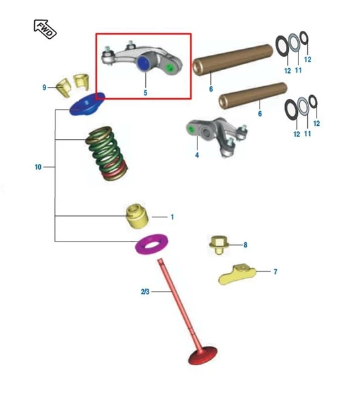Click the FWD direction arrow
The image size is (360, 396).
point(45,29)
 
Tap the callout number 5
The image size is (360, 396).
point(145,93)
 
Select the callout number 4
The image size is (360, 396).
point(197,155)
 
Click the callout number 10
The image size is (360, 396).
point(38,167)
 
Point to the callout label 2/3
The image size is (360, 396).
point(145,292)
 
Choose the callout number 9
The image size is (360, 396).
point(44,88)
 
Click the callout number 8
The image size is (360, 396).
point(246,245)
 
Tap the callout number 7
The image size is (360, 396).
point(276,272)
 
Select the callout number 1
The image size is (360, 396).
point(172,217)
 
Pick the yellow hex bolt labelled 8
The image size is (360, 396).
point(219,245)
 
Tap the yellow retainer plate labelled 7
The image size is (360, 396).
point(237,275)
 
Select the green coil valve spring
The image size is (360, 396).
point(106,153)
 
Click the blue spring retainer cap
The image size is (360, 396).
point(87,104)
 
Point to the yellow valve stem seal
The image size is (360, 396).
point(137,216)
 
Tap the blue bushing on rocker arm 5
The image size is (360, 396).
point(143,64)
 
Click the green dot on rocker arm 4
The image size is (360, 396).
point(191,129)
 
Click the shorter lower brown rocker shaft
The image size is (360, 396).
point(253,96)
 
